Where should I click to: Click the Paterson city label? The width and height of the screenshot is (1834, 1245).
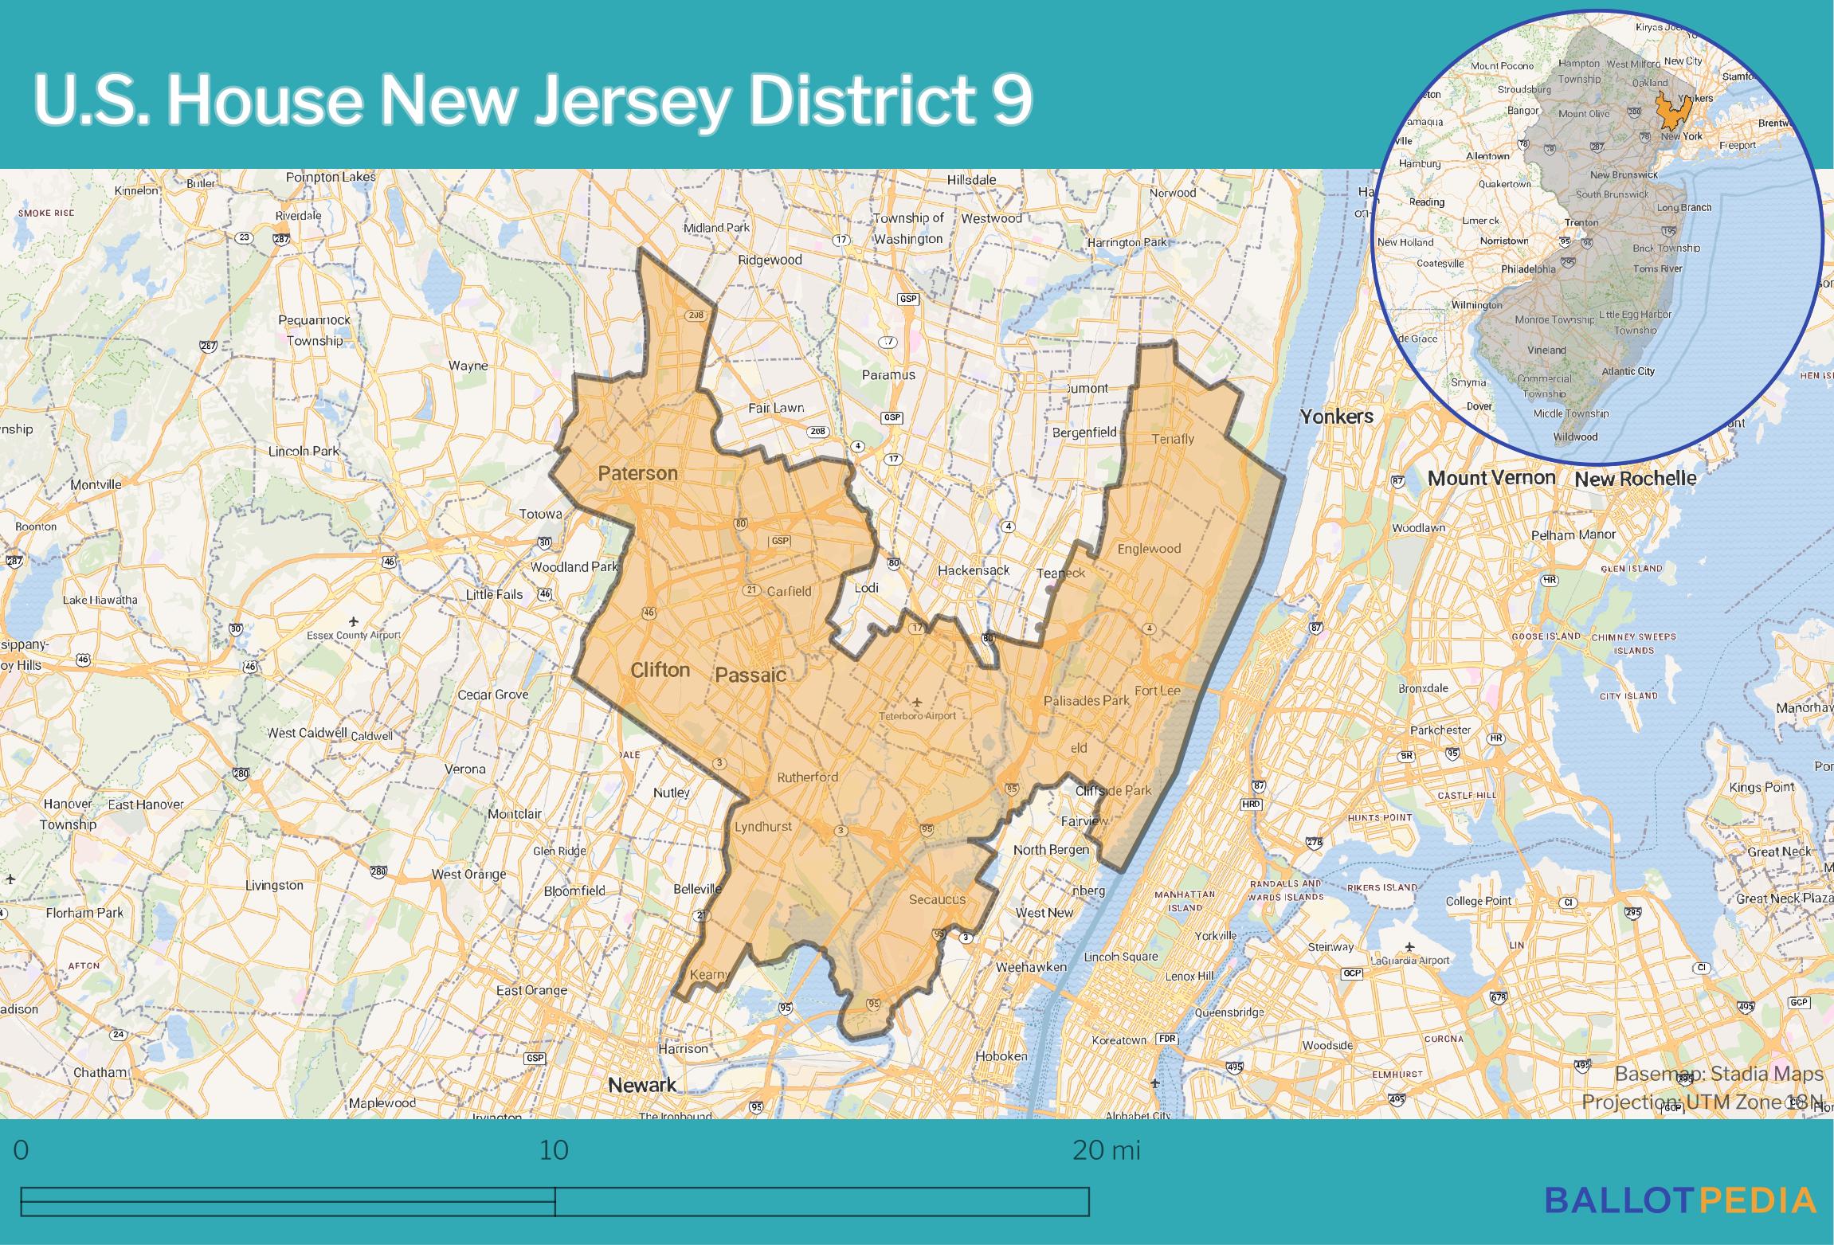637,474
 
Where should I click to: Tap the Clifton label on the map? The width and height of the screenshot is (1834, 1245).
660,670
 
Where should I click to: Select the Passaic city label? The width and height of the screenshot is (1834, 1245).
750,675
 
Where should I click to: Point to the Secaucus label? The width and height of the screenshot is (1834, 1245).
937,899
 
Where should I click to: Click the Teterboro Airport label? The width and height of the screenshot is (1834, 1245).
917,715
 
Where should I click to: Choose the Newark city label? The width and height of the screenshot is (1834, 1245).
642,1084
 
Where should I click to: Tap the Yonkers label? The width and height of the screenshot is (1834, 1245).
1337,417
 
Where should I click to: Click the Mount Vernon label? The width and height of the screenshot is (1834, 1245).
1491,478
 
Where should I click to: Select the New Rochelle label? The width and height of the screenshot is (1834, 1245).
1635,479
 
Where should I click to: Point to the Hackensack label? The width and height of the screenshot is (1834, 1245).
973,570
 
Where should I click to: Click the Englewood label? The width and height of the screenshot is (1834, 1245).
1149,549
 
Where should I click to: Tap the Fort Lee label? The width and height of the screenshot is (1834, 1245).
1157,691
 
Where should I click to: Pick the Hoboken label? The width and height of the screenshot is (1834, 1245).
1001,1056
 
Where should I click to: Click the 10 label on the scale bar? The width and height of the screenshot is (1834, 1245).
554,1150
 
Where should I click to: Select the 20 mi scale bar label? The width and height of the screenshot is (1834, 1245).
1106,1150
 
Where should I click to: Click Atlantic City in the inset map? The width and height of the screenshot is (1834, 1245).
1628,371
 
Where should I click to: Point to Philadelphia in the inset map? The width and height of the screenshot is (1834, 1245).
1528,269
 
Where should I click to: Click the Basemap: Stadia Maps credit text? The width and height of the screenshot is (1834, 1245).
1718,1074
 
